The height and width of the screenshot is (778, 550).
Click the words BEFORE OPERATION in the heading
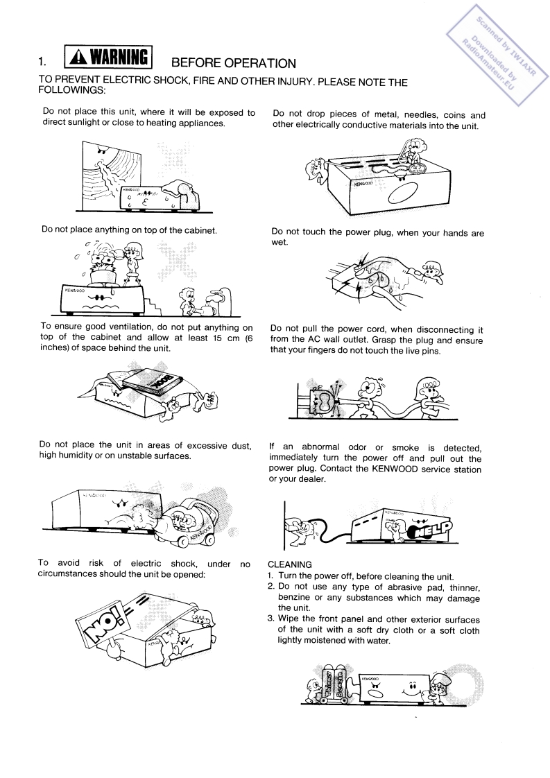(230, 63)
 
